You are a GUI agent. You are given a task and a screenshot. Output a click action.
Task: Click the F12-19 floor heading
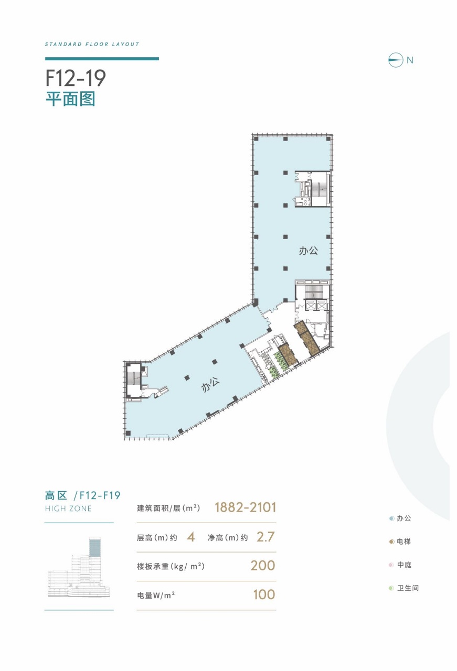(76, 78)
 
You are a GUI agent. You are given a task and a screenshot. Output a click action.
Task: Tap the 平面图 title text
(70, 99)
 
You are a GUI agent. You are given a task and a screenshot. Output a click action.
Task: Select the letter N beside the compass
(410, 60)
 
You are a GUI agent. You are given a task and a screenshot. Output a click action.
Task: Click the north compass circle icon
(395, 60)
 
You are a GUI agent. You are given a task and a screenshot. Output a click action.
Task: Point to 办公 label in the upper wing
(309, 251)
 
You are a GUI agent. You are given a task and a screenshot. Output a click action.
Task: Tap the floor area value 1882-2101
(245, 507)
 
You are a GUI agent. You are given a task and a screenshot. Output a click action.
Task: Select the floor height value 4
(190, 537)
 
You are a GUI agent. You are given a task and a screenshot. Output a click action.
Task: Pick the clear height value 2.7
(265, 537)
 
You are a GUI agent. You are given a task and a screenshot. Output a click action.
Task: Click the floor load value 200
(263, 566)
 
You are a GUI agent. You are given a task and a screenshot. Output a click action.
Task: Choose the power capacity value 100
(263, 594)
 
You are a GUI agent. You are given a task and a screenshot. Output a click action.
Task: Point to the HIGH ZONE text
(68, 508)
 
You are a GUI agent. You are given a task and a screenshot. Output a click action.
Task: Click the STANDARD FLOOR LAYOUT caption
(92, 45)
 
